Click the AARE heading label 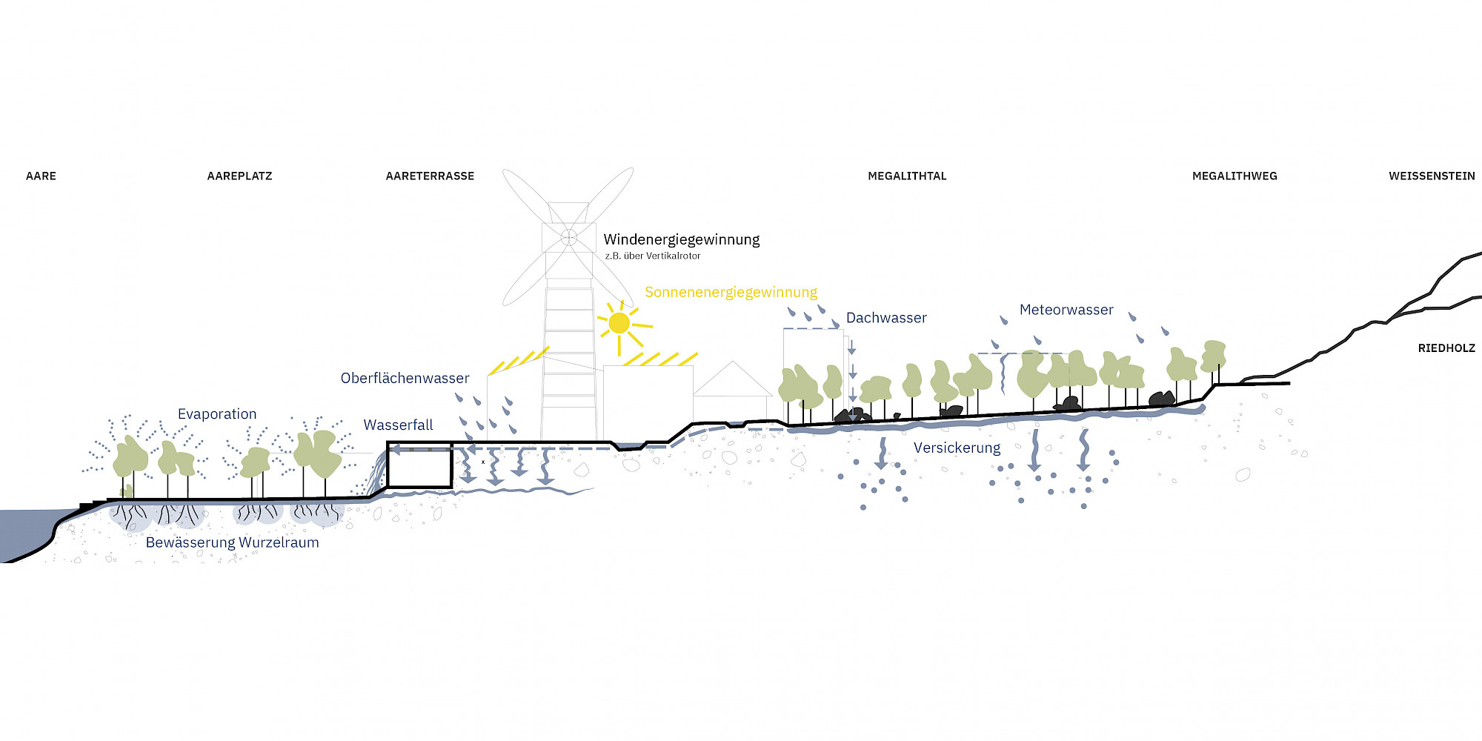(x=41, y=176)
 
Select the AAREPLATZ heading (x=239, y=176)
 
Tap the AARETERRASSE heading (x=430, y=176)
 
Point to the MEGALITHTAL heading (x=907, y=176)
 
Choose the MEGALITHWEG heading (x=1235, y=176)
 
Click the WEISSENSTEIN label (x=1432, y=176)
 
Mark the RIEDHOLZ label (x=1446, y=348)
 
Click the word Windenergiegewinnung (x=682, y=239)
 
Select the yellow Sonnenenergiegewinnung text (x=731, y=292)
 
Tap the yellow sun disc (x=619, y=323)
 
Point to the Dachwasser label (x=886, y=318)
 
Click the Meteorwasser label (x=1066, y=310)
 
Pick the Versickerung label (x=957, y=448)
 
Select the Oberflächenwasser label (x=405, y=378)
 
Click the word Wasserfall (x=398, y=425)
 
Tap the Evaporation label (x=217, y=414)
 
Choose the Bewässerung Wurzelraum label (x=232, y=542)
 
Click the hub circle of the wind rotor (x=568, y=237)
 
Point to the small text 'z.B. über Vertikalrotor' (x=653, y=256)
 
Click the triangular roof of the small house (x=732, y=380)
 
